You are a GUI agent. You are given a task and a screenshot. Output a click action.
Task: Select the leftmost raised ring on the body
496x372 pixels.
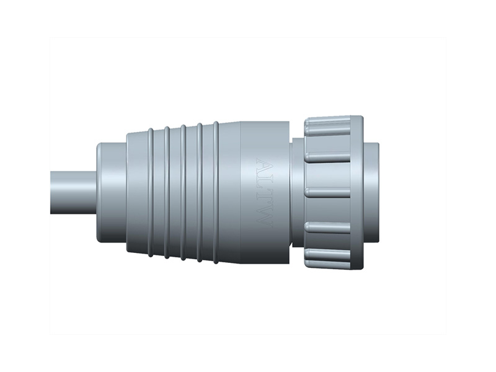point(150,192)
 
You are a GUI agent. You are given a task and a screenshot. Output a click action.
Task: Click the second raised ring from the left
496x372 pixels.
point(166,192)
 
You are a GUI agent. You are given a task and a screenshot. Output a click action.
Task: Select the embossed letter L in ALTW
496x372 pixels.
point(263,183)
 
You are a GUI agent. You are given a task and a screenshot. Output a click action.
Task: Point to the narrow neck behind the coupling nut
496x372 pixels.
point(296,192)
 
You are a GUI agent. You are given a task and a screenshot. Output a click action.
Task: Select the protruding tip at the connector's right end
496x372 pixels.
point(372,192)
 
